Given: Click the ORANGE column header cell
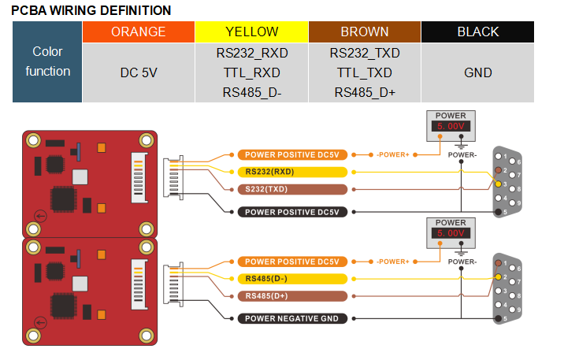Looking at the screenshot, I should click(x=138, y=32).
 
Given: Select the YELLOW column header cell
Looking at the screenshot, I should click(x=251, y=32).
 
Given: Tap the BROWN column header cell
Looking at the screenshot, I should click(x=365, y=32).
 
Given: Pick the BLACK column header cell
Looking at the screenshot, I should click(x=478, y=32).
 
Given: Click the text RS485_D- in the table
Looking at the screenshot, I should click(x=251, y=92).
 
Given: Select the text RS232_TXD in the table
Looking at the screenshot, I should click(x=365, y=54).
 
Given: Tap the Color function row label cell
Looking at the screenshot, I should click(x=47, y=62).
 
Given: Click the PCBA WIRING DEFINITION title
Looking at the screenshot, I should click(x=91, y=10).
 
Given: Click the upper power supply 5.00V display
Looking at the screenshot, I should click(x=451, y=126).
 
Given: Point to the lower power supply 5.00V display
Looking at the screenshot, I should click(x=451, y=233).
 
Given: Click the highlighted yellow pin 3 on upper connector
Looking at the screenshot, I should click(x=498, y=185).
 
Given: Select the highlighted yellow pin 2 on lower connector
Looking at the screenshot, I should click(x=498, y=277).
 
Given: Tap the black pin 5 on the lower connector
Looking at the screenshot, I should click(x=498, y=318).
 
